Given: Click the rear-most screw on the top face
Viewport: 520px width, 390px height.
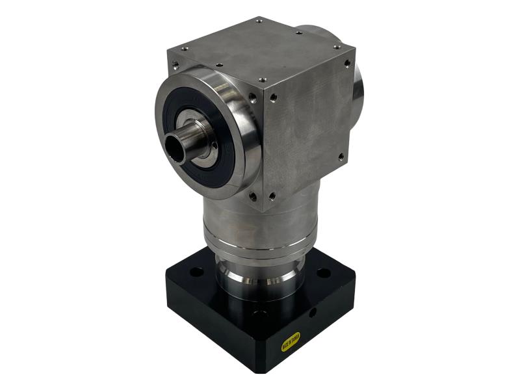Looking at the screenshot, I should click(259, 20).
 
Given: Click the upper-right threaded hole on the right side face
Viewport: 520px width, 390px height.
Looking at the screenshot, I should click(346, 62).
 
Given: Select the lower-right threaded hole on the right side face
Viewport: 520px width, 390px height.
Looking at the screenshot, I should click(341, 156).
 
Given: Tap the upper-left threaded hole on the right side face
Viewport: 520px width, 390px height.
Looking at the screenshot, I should click(273, 97).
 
